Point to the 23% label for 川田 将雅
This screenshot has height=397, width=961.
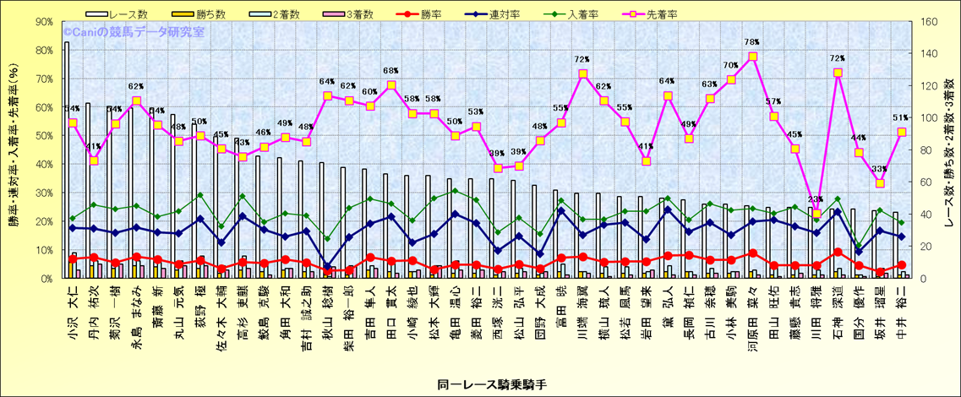click(x=816, y=200)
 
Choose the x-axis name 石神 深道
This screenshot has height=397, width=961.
click(x=838, y=315)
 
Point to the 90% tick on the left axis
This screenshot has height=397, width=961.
click(x=45, y=23)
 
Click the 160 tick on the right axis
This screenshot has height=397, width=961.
click(x=927, y=23)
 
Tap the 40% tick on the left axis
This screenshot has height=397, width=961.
click(x=45, y=165)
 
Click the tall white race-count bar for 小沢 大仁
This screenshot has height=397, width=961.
click(x=67, y=160)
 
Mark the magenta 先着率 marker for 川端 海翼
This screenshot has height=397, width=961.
click(x=582, y=74)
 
